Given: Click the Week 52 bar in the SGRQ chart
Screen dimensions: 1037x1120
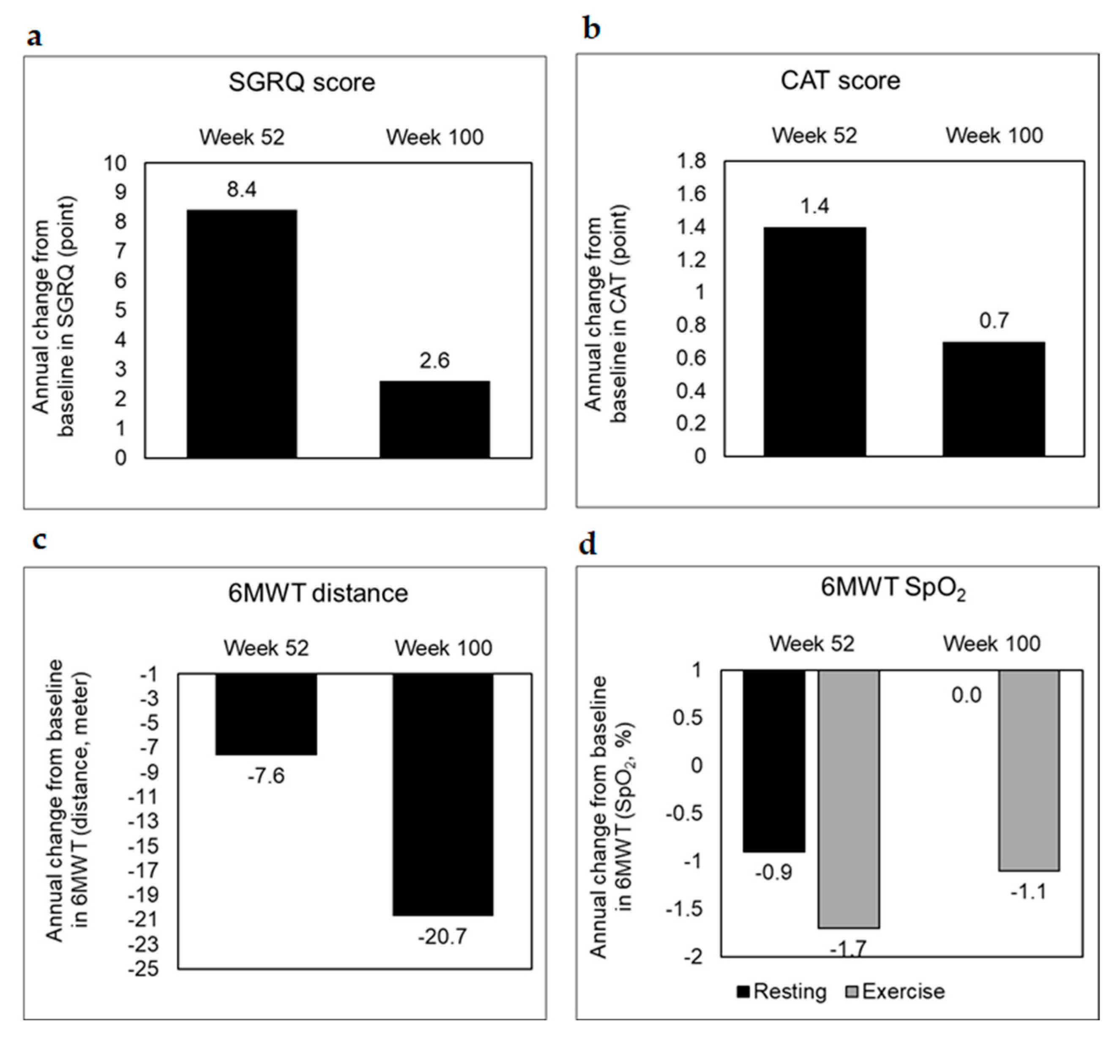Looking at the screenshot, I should tap(241, 334).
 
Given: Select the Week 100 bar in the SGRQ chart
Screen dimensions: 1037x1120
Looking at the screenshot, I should tap(434, 419).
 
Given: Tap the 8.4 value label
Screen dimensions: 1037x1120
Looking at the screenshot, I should tap(241, 190).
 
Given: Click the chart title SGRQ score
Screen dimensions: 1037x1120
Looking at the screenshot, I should tap(301, 82).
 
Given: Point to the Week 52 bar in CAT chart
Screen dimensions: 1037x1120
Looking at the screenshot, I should tap(814, 341).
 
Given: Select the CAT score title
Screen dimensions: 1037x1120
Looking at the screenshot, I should tap(840, 81).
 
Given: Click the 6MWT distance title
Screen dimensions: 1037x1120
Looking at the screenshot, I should tap(317, 594).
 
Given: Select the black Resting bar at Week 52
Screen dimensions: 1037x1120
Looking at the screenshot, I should tap(774, 761).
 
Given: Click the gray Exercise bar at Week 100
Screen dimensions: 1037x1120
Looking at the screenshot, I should tap(1029, 770).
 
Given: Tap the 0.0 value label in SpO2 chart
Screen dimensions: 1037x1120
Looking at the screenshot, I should tap(966, 696).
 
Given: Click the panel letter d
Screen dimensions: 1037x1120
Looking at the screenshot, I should tap(587, 544).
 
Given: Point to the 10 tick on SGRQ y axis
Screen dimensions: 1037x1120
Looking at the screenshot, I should tap(115, 163).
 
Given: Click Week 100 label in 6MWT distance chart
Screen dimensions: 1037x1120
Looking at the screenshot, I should tap(443, 648).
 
